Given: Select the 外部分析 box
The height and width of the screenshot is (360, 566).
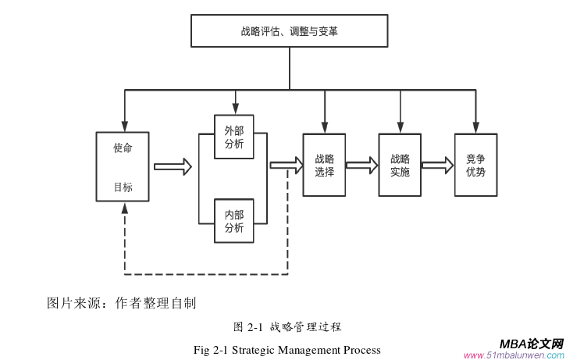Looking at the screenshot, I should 234,137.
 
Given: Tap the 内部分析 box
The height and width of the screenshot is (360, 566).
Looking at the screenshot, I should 234,221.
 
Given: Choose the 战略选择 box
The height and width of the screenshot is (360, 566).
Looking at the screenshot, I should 324,165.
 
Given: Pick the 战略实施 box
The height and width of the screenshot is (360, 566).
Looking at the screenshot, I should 400,165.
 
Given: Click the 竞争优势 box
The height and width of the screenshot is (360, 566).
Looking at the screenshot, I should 475,165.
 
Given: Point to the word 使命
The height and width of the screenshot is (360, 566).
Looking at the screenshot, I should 123,148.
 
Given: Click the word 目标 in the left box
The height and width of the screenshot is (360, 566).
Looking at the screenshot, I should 123,187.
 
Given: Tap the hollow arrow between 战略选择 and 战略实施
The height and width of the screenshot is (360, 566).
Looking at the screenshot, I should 361,165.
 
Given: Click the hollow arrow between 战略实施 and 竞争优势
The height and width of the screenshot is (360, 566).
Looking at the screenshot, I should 437,165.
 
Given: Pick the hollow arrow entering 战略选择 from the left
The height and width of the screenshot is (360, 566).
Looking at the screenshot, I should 287,165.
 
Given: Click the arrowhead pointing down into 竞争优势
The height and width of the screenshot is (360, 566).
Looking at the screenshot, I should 475,127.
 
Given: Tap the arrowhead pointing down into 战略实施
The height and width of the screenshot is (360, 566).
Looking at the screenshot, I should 400,127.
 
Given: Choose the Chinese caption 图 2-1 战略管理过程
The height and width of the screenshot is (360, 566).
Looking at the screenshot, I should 287,326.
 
